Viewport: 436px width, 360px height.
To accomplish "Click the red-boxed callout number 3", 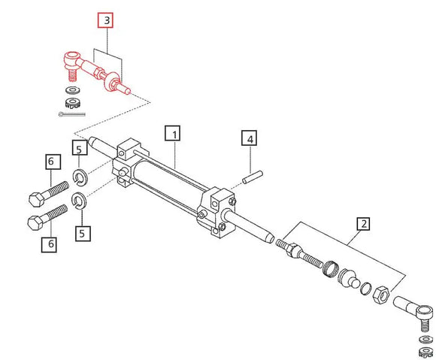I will pos(107,20).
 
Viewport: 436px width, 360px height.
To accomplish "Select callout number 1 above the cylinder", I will pos(174,135).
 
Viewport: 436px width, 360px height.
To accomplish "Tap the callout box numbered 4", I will pos(249,139).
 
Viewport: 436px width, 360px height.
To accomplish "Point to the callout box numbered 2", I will pos(362,223).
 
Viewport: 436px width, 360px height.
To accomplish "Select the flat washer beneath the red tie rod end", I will pos(74,90).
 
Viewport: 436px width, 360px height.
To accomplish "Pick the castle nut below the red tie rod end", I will pos(74,102).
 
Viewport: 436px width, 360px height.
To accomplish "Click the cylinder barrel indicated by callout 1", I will pos(170,184).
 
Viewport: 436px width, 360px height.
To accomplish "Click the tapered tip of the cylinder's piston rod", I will pos(269,237).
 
